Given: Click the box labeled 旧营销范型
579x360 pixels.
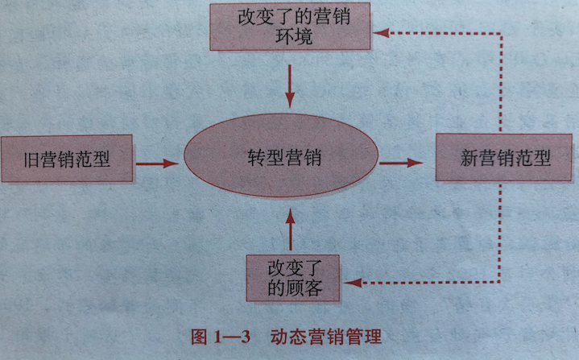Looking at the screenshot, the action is [67, 159].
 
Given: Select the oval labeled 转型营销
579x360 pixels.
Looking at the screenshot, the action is [281, 155].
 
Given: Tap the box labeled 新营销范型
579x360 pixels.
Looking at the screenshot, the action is [503, 157].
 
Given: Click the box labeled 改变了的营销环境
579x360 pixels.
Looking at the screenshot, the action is [290, 27].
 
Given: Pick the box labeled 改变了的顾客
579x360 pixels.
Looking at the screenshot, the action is [293, 278].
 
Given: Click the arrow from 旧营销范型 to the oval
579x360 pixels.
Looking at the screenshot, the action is [157, 163].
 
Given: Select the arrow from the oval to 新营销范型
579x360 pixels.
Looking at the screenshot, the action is [401, 163].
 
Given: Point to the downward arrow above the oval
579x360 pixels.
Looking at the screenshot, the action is [290, 86].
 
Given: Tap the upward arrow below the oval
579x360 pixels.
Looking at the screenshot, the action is [291, 230].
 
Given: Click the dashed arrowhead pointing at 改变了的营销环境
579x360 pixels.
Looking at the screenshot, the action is [381, 33].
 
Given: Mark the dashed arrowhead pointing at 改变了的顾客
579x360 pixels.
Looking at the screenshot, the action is [353, 283].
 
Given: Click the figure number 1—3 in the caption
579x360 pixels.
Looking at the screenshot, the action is [232, 337].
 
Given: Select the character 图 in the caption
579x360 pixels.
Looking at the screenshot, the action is [199, 337].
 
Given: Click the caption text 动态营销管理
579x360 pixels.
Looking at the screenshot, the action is [325, 337].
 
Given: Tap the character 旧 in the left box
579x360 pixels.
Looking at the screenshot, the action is [31, 159].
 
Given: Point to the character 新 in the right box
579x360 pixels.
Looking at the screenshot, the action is [469, 158].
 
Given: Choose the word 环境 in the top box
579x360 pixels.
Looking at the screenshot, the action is [294, 36].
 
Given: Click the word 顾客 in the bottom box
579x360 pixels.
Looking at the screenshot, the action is [304, 288].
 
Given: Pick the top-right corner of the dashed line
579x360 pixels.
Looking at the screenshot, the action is [501, 33].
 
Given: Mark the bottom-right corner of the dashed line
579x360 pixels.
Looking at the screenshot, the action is [499, 283].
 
